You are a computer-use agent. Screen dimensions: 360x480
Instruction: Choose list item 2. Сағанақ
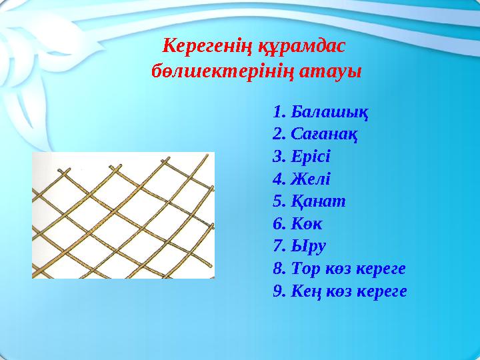point(316,134)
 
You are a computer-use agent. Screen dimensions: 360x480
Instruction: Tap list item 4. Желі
point(301,179)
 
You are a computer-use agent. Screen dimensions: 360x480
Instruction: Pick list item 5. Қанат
point(309,201)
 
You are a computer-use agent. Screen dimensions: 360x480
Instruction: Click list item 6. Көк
point(297,224)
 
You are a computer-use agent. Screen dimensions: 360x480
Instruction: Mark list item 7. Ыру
point(299,247)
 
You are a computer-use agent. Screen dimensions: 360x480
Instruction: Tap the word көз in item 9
point(339,292)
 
